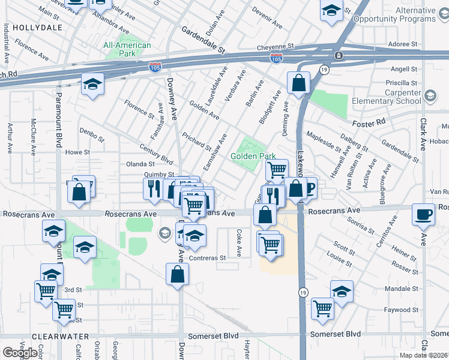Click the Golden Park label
coord(253,156)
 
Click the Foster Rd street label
coord(369,123)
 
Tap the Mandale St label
coord(402,289)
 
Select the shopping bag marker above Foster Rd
coord(298,83)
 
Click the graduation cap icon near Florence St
coord(92,84)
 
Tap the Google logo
coord(20,353)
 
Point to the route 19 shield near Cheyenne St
coord(324,70)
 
